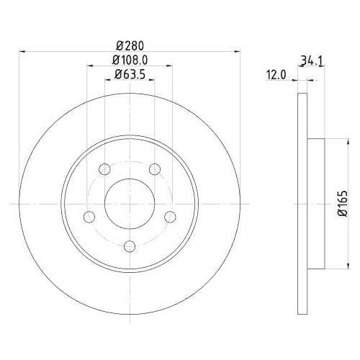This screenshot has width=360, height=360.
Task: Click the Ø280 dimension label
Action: click(x=130, y=44)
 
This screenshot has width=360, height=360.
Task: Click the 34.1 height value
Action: click(x=310, y=62)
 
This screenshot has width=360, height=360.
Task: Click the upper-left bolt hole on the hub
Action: click(x=104, y=169)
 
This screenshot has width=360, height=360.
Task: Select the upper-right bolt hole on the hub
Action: click(x=155, y=169)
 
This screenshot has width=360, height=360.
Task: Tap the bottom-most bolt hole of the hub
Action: click(x=130, y=246)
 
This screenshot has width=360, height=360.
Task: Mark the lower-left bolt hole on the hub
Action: click(x=89, y=217)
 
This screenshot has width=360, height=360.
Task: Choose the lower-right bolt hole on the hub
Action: click(x=171, y=217)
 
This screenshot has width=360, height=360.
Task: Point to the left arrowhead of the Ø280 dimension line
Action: click(x=22, y=51)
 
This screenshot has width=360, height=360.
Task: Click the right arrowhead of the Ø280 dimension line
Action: click(x=238, y=51)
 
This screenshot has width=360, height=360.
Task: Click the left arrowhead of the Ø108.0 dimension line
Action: click(x=89, y=66)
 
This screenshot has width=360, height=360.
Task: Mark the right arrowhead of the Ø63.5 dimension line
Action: click(x=153, y=80)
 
